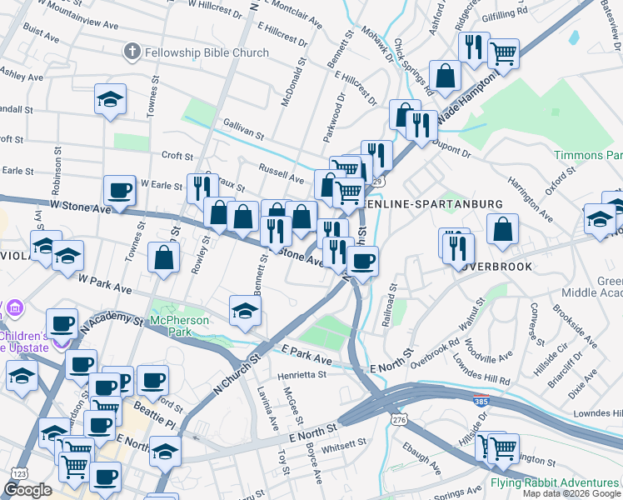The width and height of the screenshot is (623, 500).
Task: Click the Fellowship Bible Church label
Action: (207, 52)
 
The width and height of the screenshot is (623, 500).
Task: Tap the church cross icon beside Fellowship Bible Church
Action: (131, 52)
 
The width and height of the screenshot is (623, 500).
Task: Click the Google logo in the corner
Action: (27, 490)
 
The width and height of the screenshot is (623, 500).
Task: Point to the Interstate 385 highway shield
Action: (480, 400)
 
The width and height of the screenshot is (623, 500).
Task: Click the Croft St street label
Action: (177, 155)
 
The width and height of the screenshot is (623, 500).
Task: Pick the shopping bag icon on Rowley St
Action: (164, 257)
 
